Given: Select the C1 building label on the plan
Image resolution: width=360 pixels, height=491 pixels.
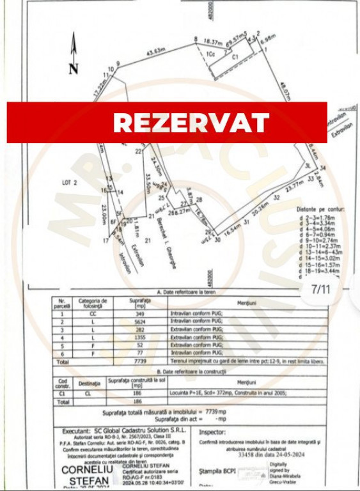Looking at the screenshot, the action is tap(235, 58).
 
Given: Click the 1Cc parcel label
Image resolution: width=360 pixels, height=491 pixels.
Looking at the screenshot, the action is tap(210, 55).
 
